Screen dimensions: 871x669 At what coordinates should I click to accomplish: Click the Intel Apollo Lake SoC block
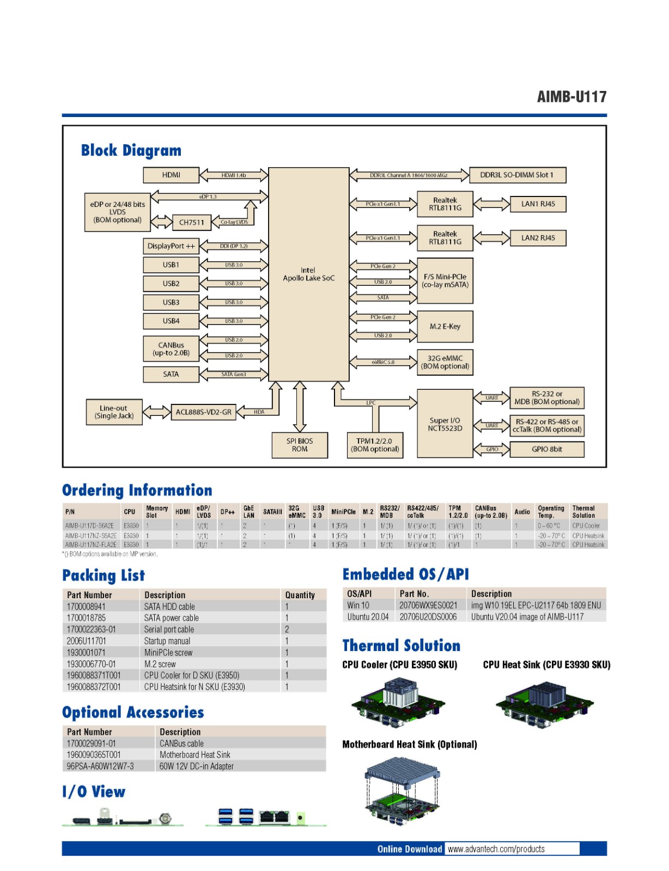pos(308,274)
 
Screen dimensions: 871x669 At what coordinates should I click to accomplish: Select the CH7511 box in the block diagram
pos(191,222)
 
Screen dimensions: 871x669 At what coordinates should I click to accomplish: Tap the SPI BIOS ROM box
pos(300,445)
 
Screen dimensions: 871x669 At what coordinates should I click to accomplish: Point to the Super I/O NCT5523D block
pos(445,424)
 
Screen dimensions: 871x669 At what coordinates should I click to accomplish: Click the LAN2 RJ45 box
pos(538,238)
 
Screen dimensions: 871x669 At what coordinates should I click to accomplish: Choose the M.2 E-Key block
pos(445,326)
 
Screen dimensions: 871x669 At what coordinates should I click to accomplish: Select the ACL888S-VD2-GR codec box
pos(203,412)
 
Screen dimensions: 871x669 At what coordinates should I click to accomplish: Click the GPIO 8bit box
pos(546,449)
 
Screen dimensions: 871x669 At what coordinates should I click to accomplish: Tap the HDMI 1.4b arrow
pos(234,175)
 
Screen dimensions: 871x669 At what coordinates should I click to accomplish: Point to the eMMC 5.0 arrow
pos(383,362)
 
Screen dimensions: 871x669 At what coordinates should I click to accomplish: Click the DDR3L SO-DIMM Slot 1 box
pos(517,175)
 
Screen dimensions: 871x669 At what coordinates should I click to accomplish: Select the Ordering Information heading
pos(137,490)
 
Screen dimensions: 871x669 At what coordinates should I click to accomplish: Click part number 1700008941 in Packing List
pos(86,606)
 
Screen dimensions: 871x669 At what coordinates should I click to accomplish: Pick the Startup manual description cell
pos(167,641)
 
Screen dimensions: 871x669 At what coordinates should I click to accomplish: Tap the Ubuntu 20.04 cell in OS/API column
pos(368,617)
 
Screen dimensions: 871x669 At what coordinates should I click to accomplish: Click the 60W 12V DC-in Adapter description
pos(196,766)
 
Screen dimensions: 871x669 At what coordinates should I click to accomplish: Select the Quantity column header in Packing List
pos(300,595)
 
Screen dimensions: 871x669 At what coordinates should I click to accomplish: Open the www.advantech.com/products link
pos(496,849)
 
